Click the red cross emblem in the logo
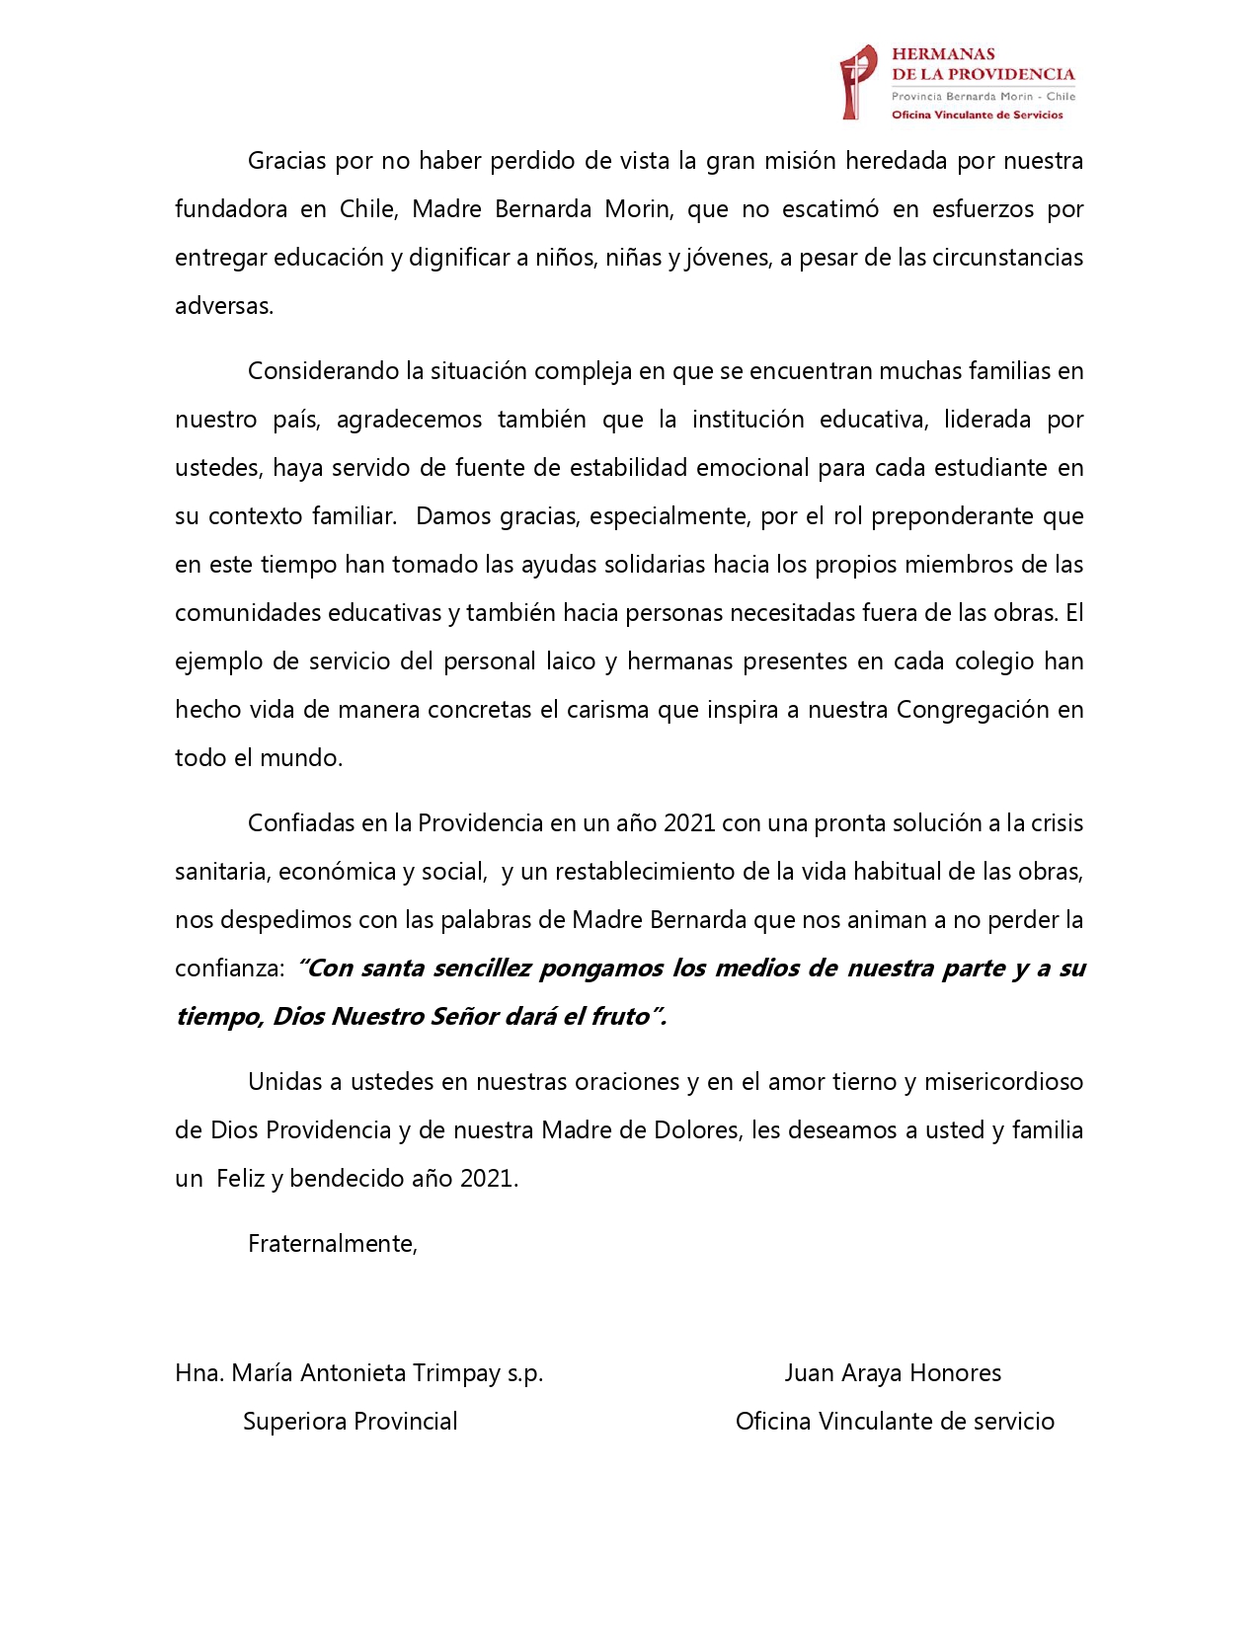[857, 82]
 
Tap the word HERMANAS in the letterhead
[943, 54]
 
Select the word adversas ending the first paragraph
[224, 306]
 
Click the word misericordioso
[1003, 1082]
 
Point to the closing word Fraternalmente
[332, 1244]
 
